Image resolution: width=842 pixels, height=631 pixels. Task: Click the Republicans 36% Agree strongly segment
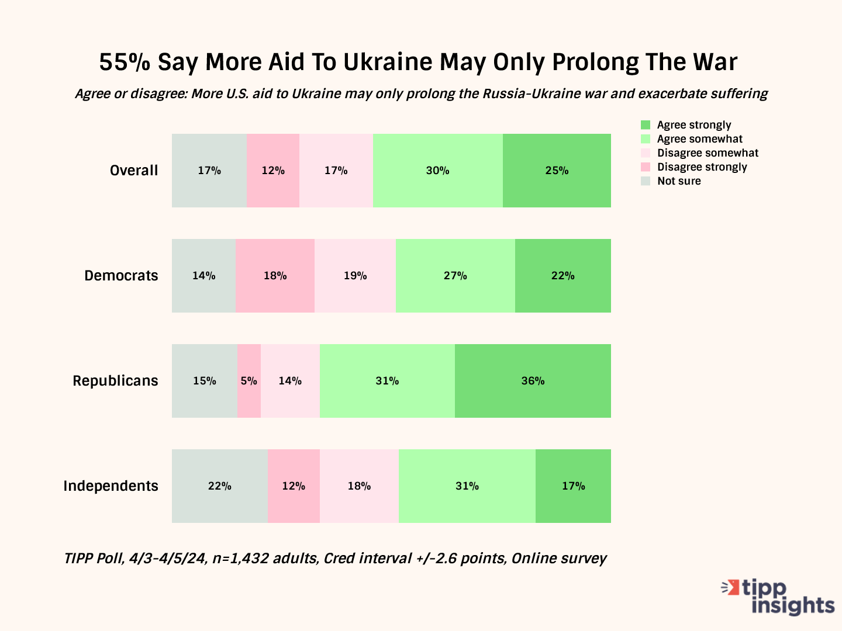[x=533, y=381]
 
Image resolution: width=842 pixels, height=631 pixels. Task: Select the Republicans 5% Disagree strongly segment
[x=249, y=381]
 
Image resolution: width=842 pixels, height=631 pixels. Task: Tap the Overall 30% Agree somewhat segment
[x=437, y=171]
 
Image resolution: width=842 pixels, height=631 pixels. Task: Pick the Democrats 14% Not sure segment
[x=203, y=276]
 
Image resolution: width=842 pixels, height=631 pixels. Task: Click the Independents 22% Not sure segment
[x=220, y=486]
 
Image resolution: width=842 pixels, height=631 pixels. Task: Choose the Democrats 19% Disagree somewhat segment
[x=355, y=276]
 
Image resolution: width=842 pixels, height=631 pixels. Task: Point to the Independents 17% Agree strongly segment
[x=573, y=486]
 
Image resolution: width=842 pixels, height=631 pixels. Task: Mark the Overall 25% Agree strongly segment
[x=557, y=171]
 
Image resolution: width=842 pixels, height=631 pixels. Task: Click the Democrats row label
[x=121, y=276]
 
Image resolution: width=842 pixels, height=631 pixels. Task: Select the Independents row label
[x=111, y=486]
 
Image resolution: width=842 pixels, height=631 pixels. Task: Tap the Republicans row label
[x=115, y=381]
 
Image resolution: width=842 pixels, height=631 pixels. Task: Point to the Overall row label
[x=134, y=171]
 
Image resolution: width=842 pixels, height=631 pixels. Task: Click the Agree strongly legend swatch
[x=646, y=125]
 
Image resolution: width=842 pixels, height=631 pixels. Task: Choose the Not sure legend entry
[x=678, y=181]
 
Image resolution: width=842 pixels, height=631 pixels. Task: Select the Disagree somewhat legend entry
[x=708, y=153]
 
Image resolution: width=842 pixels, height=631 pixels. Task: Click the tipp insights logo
[x=779, y=597]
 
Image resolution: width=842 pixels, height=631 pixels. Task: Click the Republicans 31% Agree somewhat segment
[x=387, y=381]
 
